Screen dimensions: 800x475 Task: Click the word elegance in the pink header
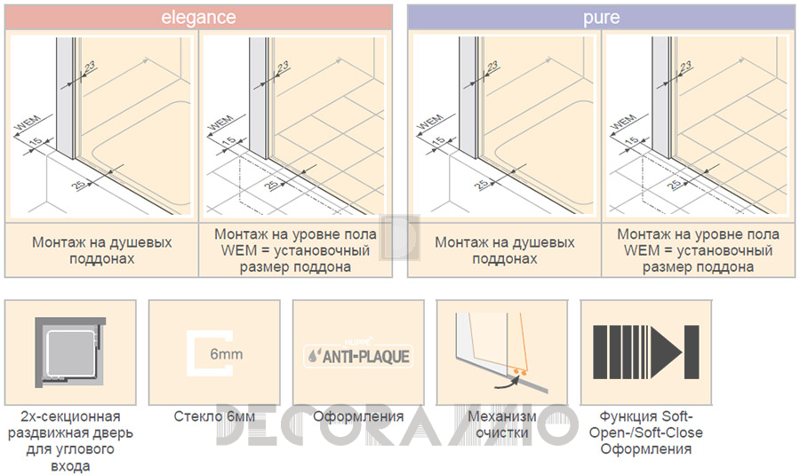tap(198, 18)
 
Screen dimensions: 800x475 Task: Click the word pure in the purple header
tap(602, 18)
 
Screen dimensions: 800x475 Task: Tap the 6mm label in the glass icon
tap(226, 353)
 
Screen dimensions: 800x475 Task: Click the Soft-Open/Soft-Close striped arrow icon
tap(646, 352)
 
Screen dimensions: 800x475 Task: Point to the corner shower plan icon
tap(70, 352)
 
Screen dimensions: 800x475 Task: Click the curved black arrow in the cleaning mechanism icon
tap(505, 383)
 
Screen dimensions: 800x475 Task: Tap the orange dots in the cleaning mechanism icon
tap(519, 373)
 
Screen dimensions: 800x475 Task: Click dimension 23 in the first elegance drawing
tap(89, 67)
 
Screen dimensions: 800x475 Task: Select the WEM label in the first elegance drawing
tap(26, 123)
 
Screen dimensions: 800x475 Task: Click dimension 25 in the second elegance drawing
tap(272, 184)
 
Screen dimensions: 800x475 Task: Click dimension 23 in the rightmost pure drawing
tap(685, 67)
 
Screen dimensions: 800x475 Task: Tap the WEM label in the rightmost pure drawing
tap(622, 123)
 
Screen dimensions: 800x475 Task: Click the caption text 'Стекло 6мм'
tap(214, 416)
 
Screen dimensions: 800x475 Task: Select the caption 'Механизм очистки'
tap(502, 424)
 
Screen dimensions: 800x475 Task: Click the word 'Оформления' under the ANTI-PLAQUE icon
tap(358, 416)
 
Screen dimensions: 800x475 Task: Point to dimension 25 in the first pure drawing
tap(481, 184)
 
